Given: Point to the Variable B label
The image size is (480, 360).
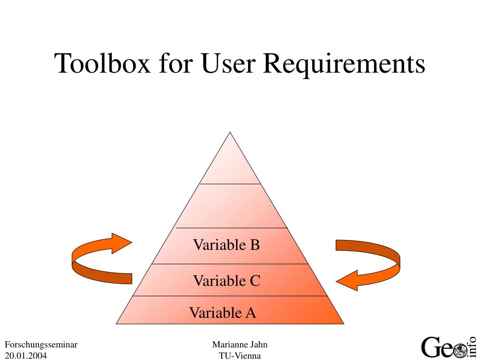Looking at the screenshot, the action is [x=226, y=245].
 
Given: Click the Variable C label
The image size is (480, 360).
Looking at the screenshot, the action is [x=226, y=281].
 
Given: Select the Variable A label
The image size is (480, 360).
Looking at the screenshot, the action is [x=223, y=312].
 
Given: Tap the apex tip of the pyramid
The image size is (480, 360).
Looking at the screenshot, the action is [x=230, y=134].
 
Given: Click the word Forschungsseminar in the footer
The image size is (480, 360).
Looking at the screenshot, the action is [x=41, y=345].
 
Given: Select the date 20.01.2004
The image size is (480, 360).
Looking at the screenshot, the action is [x=26, y=355].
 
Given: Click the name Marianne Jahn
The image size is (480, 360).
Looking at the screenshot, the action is [x=240, y=345].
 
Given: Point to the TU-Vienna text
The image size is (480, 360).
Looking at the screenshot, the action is [x=240, y=355].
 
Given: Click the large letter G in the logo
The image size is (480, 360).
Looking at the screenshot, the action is [x=430, y=347].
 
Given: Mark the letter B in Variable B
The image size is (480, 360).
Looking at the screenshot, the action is [x=255, y=245].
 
